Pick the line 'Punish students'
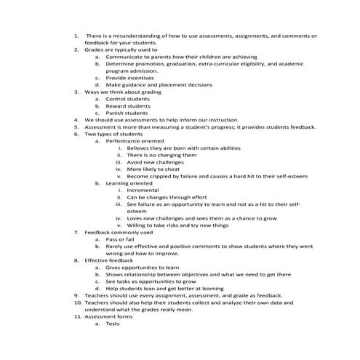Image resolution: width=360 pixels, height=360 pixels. pyautogui.click(x=127, y=113)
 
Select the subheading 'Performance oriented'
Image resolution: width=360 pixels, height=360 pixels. pyautogui.click(x=135, y=140)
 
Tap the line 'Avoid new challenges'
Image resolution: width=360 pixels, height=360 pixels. pyautogui.click(x=155, y=161)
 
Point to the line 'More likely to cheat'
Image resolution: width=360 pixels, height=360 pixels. pyautogui.click(x=153, y=169)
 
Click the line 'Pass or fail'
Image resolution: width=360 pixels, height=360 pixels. pyautogui.click(x=121, y=239)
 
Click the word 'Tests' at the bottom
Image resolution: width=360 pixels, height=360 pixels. pyautogui.click(x=113, y=324)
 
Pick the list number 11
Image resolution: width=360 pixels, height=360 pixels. pyautogui.click(x=77, y=316)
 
